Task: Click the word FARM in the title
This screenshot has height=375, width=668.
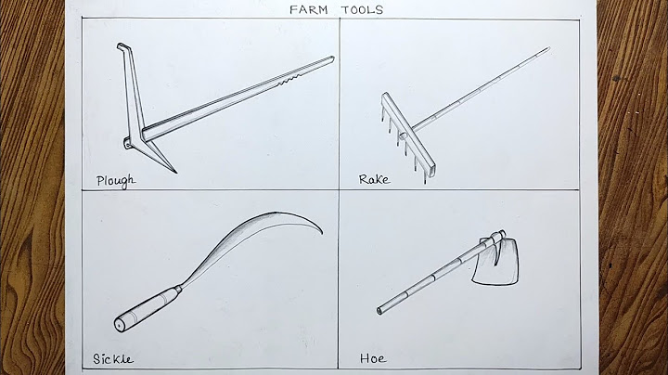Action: point(308,10)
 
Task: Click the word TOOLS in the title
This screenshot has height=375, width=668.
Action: point(362,10)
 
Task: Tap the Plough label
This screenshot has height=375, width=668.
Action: point(116,181)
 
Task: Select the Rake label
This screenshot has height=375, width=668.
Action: point(374,179)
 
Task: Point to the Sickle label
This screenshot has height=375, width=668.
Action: point(113,359)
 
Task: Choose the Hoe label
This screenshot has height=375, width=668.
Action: point(373,358)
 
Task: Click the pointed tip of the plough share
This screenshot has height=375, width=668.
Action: point(175,172)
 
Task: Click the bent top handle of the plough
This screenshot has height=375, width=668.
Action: point(123,46)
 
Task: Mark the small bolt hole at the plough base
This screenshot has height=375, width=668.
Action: point(127,146)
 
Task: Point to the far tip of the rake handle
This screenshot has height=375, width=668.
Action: point(548,48)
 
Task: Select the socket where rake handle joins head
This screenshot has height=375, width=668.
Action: point(404,136)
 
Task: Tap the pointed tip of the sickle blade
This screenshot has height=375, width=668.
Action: point(321,233)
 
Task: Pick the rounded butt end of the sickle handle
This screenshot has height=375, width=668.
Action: point(120,325)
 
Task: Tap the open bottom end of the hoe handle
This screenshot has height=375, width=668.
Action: point(379,311)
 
